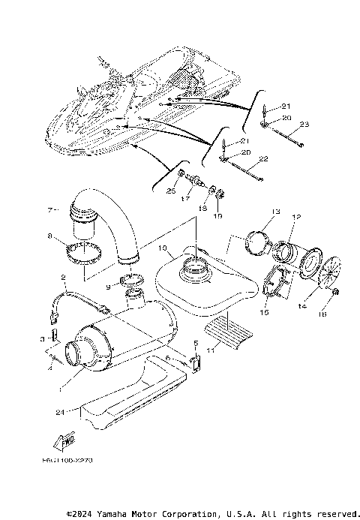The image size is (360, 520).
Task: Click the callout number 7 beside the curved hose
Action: click(51, 209)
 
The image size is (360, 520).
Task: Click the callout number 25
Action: click(171, 192)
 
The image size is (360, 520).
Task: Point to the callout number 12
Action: click(296, 218)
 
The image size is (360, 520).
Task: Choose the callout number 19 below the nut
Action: click(219, 216)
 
